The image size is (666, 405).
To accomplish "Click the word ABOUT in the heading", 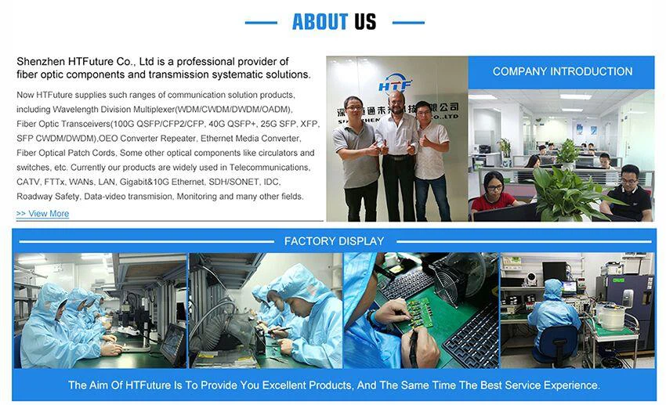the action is click(320, 22).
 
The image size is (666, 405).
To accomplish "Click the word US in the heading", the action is click(365, 22).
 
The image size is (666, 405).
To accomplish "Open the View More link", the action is click(42, 214).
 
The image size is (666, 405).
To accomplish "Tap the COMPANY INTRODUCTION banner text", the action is click(563, 71).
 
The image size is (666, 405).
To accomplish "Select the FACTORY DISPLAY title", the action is click(334, 241).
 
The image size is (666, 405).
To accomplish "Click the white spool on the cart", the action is click(612, 316).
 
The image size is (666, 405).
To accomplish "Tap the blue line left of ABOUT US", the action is click(261, 23).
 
